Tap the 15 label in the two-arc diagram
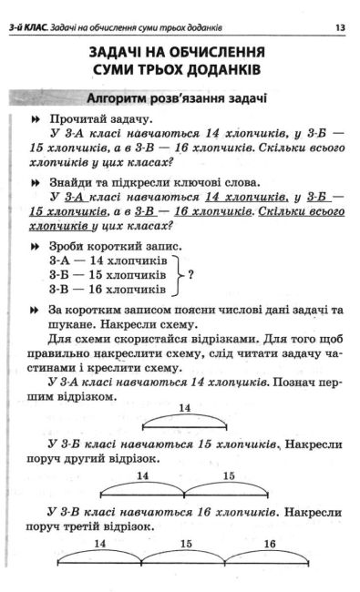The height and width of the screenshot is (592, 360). (x=229, y=475)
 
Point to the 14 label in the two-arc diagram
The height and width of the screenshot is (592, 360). (x=143, y=475)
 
